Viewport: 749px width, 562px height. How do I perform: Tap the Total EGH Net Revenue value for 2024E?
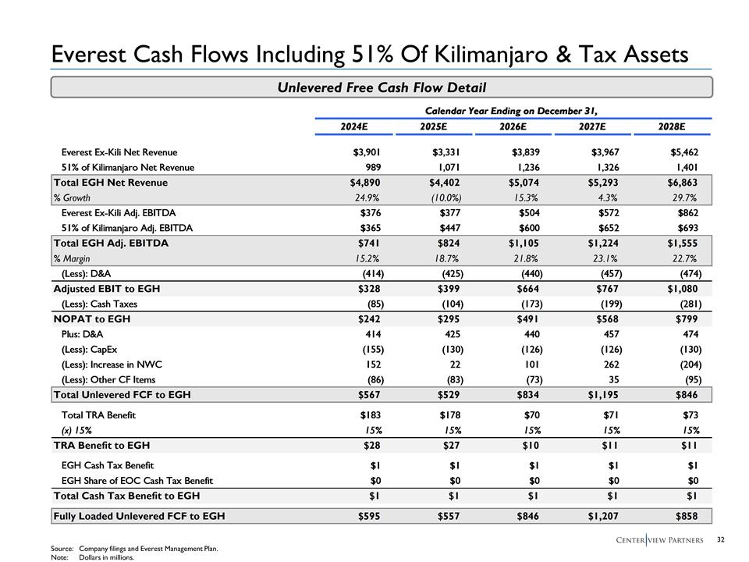(x=366, y=183)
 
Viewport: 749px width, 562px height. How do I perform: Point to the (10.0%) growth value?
(x=447, y=197)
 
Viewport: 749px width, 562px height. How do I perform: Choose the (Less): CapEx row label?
(x=89, y=350)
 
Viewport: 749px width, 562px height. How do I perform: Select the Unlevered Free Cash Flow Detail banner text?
(x=382, y=87)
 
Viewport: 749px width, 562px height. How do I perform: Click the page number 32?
(x=721, y=539)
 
